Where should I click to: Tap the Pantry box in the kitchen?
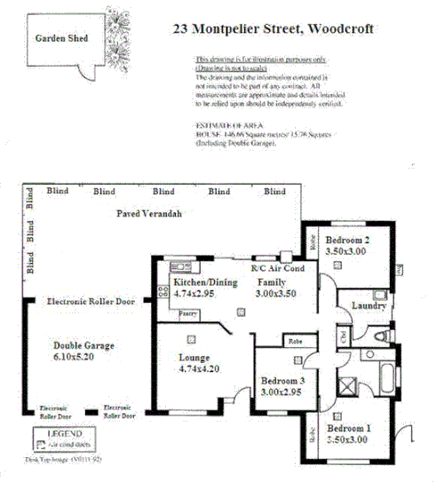click(x=188, y=313)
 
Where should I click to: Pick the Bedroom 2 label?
click(x=346, y=241)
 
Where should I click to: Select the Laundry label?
click(x=369, y=306)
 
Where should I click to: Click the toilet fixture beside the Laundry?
click(x=382, y=336)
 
